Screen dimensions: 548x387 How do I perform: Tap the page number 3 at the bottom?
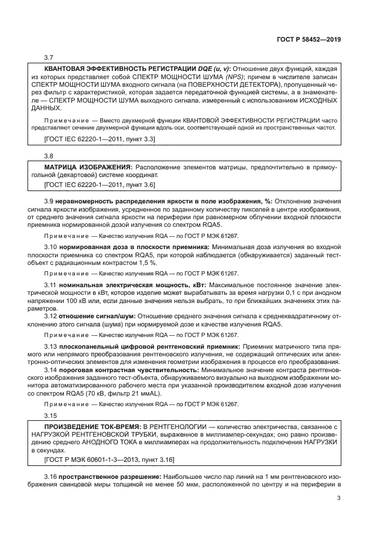click(338, 499)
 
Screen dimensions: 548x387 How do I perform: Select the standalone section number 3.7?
click(49, 57)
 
